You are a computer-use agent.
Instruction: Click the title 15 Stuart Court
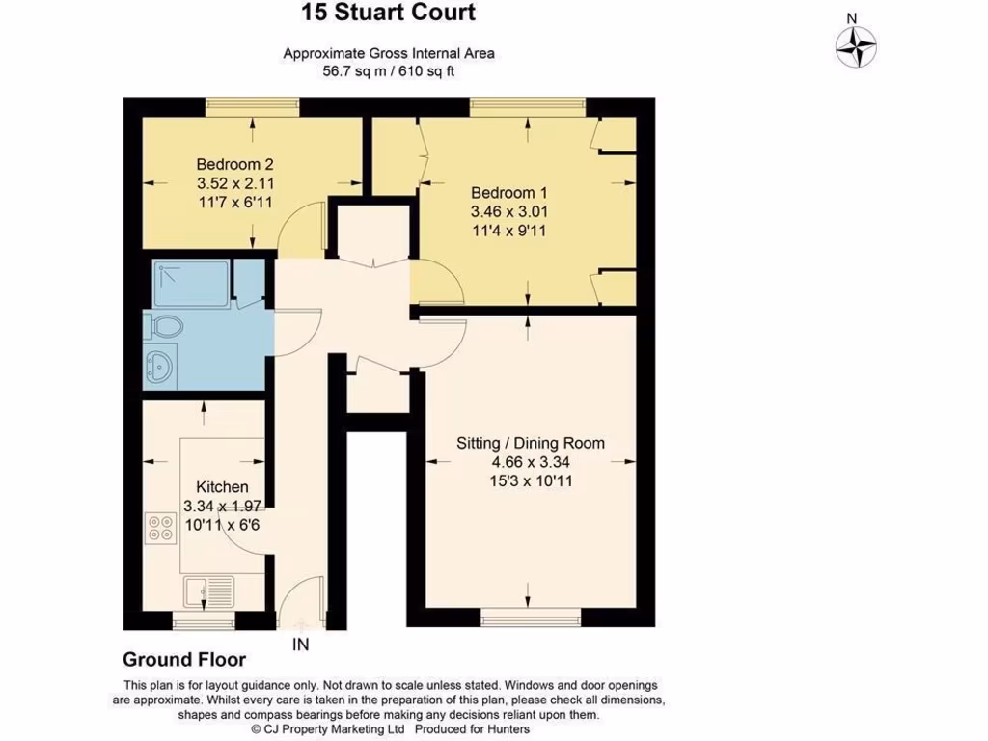tap(389, 14)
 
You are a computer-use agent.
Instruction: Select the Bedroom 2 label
tap(228, 163)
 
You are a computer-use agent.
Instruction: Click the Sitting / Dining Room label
tap(531, 443)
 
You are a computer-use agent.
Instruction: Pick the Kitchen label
tap(222, 487)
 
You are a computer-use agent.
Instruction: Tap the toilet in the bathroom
tap(163, 328)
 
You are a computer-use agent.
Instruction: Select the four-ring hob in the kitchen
tap(159, 527)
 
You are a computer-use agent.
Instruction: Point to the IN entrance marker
tap(301, 644)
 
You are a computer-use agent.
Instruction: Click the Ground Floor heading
tap(183, 660)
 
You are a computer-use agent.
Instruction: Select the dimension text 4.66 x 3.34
tap(531, 461)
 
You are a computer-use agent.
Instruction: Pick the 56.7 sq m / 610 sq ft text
tap(389, 70)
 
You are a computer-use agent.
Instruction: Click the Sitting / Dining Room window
tap(531, 614)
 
